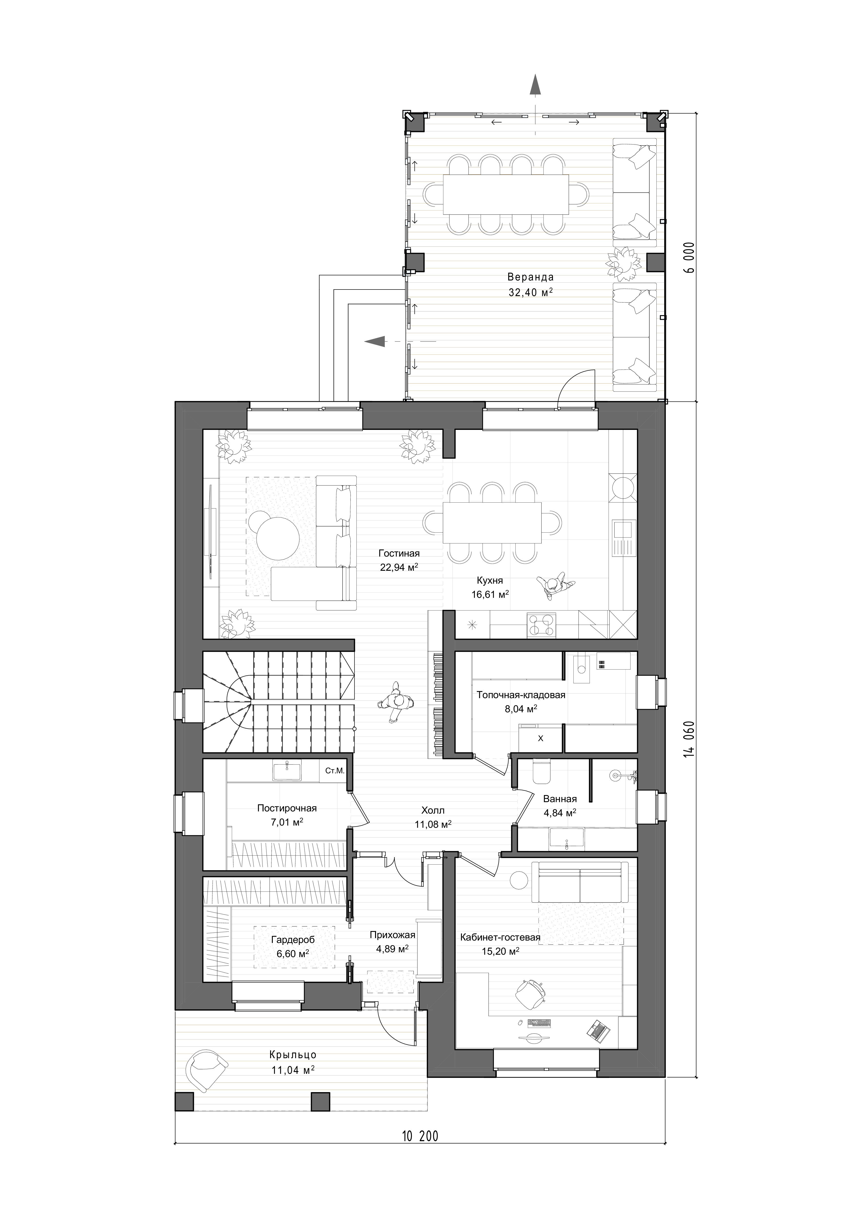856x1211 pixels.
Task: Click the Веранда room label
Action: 530,277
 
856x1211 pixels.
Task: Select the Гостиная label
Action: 399,553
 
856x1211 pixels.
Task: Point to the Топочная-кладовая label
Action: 521,695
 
